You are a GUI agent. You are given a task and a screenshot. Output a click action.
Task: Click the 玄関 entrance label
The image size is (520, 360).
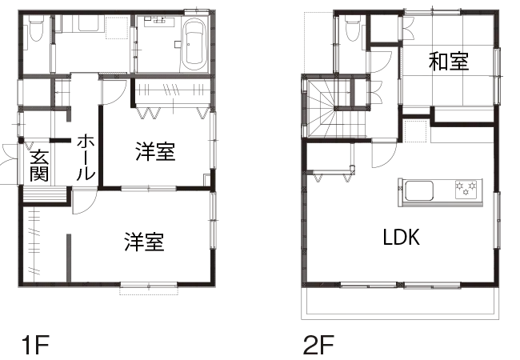39,166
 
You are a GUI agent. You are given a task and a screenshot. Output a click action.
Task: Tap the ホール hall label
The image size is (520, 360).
86,157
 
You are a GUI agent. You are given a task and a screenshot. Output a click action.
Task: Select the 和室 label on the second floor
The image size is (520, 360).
449,62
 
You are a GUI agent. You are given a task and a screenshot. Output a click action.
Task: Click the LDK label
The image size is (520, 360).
402,237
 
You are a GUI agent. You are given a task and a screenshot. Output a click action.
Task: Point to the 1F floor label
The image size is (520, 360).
35,345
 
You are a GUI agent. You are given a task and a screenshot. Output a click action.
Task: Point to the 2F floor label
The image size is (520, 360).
318,345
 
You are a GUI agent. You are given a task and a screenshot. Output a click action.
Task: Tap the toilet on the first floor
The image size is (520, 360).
36,30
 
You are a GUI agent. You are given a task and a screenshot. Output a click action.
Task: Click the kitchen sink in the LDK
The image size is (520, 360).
419,190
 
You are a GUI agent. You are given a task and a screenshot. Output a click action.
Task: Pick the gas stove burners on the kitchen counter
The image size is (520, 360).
466,189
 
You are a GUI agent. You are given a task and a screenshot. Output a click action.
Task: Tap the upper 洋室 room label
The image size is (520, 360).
155,151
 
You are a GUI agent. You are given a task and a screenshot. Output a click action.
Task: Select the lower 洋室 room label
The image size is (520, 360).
144,242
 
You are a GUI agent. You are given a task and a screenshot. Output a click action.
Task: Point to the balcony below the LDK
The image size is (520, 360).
400,303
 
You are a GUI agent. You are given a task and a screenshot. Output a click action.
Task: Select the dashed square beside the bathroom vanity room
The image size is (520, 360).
117,28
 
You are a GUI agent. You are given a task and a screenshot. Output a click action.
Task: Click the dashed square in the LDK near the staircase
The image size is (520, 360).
415,131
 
